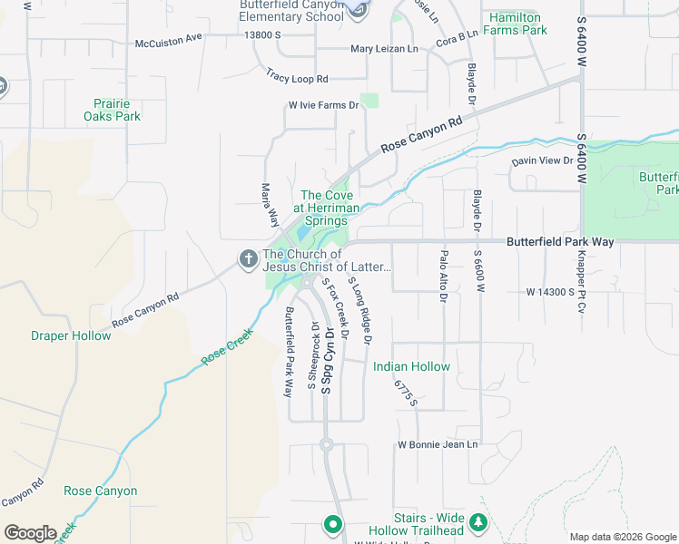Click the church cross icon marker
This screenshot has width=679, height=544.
coord(248,259)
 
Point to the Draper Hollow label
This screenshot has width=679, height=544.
coord(71,336)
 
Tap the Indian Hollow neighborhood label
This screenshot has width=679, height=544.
coord(411,367)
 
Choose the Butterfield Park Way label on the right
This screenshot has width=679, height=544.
coord(560,242)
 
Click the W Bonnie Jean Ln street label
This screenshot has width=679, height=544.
coord(438,444)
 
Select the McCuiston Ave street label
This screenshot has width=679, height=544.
coord(168,40)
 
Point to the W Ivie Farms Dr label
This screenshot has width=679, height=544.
coord(323,105)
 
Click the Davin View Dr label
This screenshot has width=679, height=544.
coord(543,160)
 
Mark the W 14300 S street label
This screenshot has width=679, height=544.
coord(563,292)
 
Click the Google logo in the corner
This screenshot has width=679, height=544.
coord(30,533)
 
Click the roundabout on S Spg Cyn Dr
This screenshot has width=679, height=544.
coord(326,444)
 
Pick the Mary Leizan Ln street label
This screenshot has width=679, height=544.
coord(384,50)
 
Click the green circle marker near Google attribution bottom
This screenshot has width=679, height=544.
coord(333,524)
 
